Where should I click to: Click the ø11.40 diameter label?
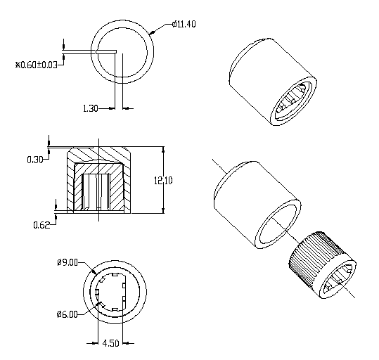[184, 24]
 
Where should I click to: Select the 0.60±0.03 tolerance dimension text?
[37, 65]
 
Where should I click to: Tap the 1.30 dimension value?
[91, 108]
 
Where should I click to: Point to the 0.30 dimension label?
[35, 160]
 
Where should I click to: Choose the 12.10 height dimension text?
[163, 181]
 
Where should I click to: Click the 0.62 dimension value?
[41, 225]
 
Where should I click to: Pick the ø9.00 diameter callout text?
[68, 262]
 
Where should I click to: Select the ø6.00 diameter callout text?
[68, 314]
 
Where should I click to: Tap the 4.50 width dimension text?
[110, 343]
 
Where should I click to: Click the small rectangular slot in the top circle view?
[106, 52]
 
